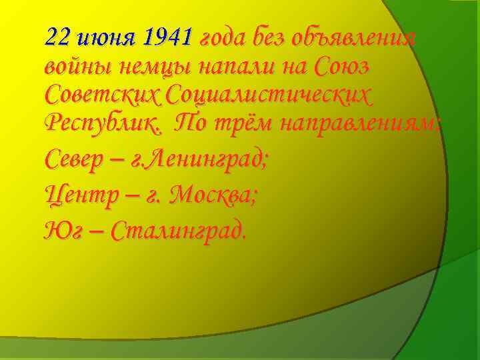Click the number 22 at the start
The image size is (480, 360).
(x=57, y=38)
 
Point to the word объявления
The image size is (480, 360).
(x=360, y=38)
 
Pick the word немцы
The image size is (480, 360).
(x=149, y=67)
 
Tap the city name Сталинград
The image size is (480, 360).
(x=179, y=231)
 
